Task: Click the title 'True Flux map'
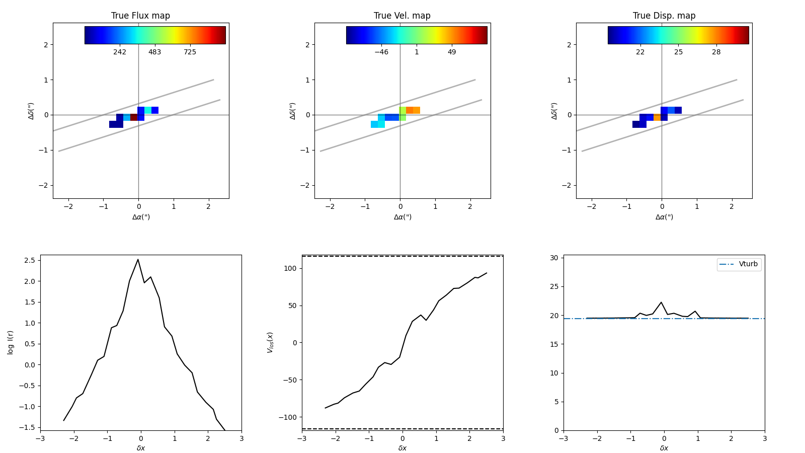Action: (x=140, y=16)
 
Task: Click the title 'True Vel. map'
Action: (x=402, y=16)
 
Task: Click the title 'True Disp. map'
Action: (x=664, y=16)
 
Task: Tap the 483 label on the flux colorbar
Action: (x=154, y=52)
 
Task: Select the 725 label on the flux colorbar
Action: (x=190, y=52)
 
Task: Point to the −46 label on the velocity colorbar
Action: (x=381, y=52)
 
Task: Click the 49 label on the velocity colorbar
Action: (x=452, y=52)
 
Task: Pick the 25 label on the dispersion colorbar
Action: (x=678, y=52)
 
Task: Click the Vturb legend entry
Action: (x=748, y=264)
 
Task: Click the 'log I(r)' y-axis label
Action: (x=11, y=342)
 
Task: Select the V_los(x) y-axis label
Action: (x=270, y=342)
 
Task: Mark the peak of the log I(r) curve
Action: (x=138, y=260)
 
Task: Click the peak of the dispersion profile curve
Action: (x=661, y=303)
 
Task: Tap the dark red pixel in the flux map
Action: (x=134, y=117)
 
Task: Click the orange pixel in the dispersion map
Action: (x=657, y=117)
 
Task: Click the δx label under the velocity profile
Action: (x=403, y=448)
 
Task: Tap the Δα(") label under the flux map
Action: (x=141, y=217)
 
